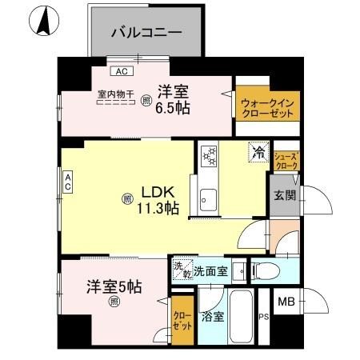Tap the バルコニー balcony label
tap(146, 33)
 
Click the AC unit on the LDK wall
tap(69, 182)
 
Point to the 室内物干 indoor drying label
tap(117, 95)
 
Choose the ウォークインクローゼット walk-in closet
tap(266, 107)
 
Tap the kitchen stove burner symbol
tap(210, 154)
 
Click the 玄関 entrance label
tap(284, 195)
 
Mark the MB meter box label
tap(285, 302)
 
